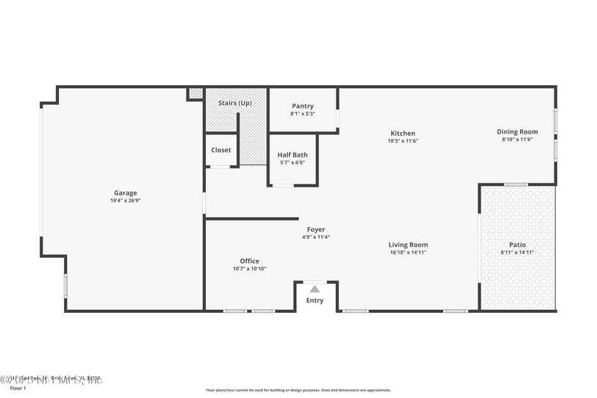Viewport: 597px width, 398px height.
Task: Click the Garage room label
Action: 125,193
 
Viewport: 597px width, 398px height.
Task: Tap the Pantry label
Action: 303,106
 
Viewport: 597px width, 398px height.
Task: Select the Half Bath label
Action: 293,155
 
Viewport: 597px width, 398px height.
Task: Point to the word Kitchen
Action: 402,134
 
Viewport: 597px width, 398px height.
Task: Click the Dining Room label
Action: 517,132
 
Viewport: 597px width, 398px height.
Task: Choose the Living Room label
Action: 408,245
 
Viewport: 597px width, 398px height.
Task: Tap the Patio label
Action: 517,245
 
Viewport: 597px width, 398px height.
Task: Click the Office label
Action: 249,261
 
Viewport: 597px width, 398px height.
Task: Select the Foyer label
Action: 316,229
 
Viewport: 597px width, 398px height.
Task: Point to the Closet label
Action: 221,150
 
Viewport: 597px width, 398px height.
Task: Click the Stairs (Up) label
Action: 235,102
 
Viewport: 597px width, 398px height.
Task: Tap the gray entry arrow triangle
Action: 315,288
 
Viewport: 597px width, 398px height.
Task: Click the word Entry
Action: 315,301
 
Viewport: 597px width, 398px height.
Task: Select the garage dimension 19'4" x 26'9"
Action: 125,201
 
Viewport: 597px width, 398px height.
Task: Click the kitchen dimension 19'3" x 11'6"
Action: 402,141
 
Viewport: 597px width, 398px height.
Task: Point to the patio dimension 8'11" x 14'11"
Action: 517,252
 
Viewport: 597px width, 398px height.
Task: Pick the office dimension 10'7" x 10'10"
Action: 249,269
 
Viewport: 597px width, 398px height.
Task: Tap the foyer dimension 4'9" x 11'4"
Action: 316,237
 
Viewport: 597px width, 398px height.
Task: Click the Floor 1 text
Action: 17,388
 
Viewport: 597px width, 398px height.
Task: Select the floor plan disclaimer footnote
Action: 298,390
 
